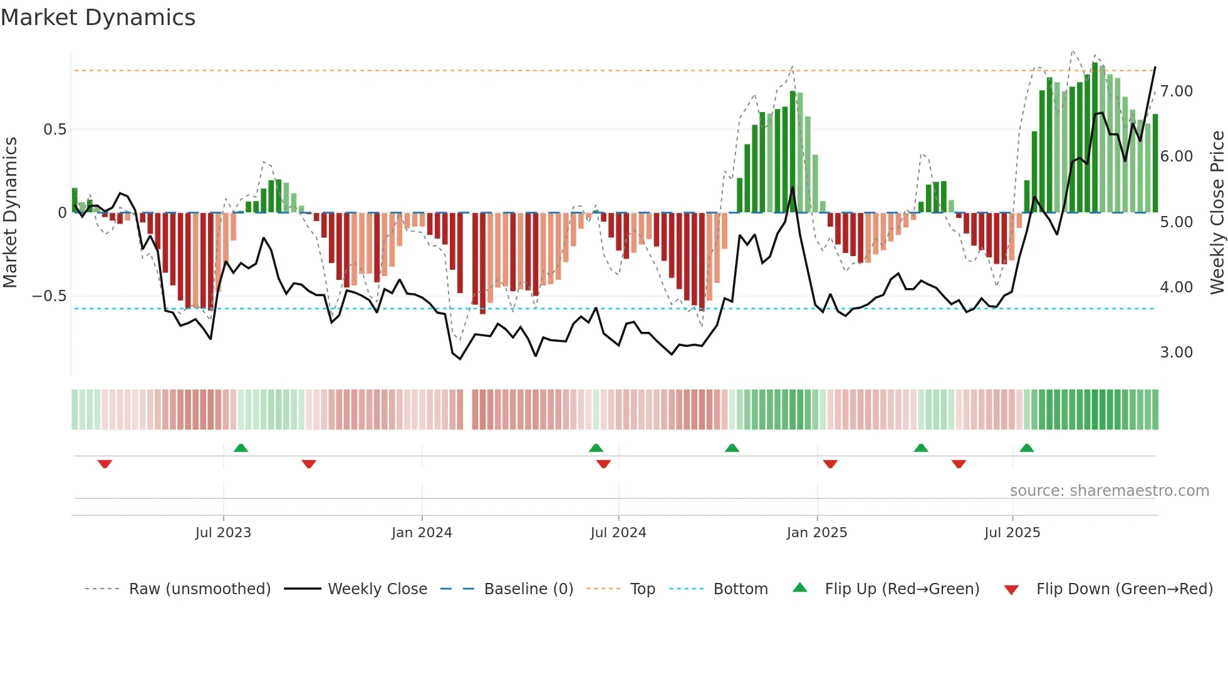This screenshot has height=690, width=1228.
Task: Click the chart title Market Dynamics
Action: coord(98,18)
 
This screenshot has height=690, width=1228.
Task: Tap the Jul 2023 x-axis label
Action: coord(223,533)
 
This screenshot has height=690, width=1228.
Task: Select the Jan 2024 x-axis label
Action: coord(422,533)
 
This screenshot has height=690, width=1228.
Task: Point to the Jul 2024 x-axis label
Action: coord(618,533)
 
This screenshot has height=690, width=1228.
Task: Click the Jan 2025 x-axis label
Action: coord(817,533)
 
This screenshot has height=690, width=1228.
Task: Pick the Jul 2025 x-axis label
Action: coord(1012,533)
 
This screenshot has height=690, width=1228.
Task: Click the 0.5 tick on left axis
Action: coord(55,130)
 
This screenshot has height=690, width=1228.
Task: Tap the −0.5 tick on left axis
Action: coord(49,296)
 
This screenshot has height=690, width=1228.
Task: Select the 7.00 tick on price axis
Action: coord(1176,91)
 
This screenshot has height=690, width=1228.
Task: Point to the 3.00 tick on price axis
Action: coord(1176,353)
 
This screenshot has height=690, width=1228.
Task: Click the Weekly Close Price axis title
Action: coord(1217,213)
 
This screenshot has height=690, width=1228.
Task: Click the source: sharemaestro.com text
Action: coord(1109,491)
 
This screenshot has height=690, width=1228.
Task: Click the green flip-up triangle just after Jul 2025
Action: coord(1026,448)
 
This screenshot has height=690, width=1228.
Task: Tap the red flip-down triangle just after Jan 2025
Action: coord(830,464)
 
